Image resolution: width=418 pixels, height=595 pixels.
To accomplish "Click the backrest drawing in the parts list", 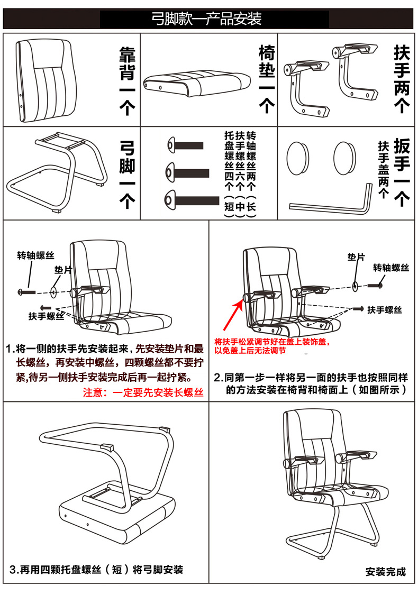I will coord(43,79).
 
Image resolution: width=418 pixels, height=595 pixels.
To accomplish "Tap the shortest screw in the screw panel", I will coord(185,144).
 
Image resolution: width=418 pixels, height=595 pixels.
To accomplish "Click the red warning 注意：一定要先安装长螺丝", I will coord(143,392).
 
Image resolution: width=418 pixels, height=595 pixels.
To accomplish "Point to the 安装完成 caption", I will coord(386,571).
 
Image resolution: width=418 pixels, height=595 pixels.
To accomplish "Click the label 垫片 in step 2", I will coord(356,257).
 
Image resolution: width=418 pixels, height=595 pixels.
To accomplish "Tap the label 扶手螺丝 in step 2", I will coord(385,309).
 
